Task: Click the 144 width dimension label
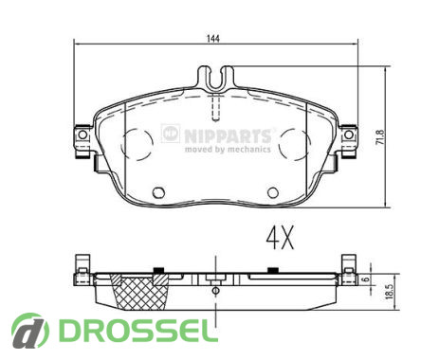tap(213, 39)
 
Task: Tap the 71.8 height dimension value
tap(380, 137)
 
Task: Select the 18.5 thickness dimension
tap(390, 291)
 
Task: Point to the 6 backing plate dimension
tap(366, 279)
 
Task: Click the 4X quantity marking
tap(281, 238)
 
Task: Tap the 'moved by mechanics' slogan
tap(228, 149)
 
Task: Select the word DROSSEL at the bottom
tap(138, 331)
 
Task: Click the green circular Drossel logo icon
tap(30, 331)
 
